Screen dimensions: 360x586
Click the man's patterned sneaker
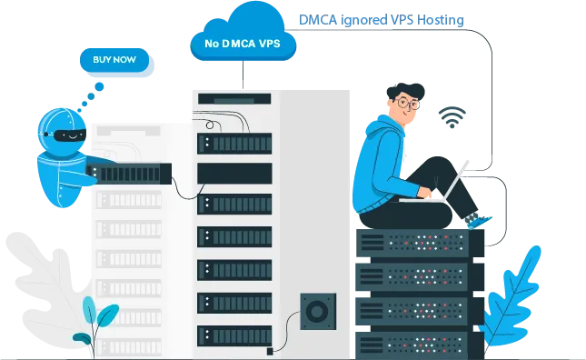[476, 220]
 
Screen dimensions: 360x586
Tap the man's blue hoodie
[376, 164]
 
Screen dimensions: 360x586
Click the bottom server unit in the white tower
[234, 334]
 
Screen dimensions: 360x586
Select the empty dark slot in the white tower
[234, 172]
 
